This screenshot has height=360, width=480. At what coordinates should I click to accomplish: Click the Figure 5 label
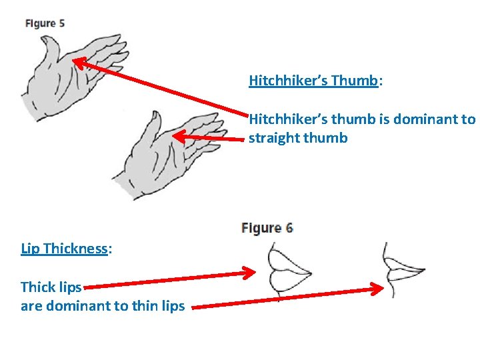(45, 23)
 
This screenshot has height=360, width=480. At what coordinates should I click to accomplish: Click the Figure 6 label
(267, 228)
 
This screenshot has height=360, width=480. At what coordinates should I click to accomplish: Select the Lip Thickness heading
(65, 249)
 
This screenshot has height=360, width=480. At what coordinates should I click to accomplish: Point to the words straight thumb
(298, 139)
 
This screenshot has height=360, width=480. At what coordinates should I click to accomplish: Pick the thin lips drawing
(401, 270)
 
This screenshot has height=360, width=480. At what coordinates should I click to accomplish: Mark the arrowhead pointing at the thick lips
(249, 272)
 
